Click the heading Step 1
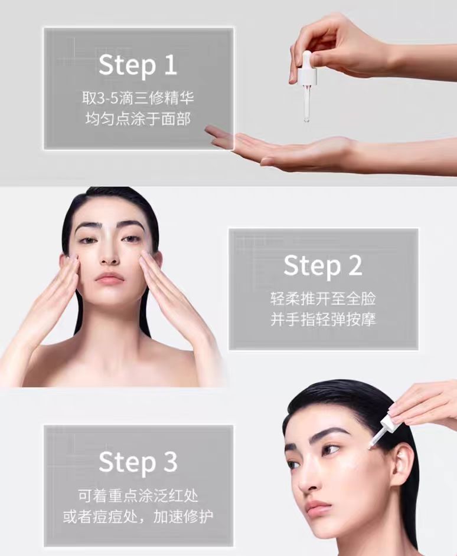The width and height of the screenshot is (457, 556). coord(138,64)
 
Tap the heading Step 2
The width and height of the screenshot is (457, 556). coord(322,266)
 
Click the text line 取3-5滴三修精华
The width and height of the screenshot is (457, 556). coord(138,96)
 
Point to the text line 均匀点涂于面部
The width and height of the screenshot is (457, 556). coord(138,118)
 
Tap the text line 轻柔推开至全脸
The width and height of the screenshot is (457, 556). coord(322,298)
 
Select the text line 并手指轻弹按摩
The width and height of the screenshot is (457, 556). coord(322,320)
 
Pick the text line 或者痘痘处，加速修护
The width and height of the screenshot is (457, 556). coord(138,517)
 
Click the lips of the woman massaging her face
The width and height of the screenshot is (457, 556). coord(109,278)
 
